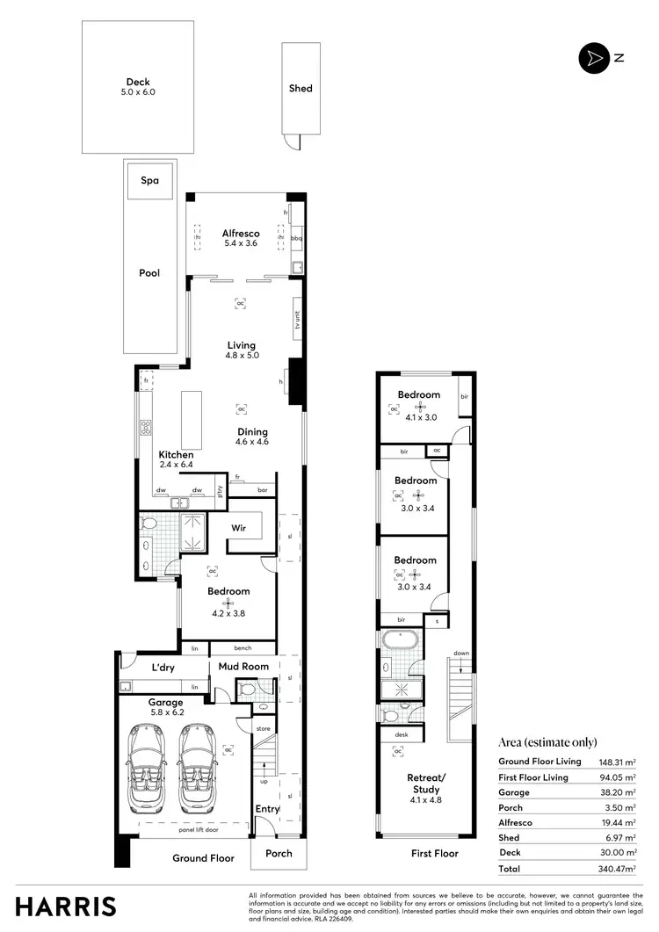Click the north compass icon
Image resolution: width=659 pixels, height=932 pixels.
pos(594,58)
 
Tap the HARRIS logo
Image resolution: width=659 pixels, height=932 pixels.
pos(66,906)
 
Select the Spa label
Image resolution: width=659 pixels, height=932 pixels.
pos(150,180)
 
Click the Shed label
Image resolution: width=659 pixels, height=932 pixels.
pos(301,89)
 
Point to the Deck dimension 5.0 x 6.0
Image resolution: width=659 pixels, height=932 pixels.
pos(138,92)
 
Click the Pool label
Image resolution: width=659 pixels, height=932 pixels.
pos(150,273)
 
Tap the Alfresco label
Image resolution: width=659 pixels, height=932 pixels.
pos(240,234)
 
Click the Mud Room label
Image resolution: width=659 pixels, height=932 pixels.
pos(243,667)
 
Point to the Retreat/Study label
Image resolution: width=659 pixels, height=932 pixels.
pos(427,783)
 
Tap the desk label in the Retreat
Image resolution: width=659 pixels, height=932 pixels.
pos(402,734)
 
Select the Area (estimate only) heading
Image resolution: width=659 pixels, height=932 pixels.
pos(547,741)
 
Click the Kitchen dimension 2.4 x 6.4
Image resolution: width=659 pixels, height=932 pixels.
pos(177,464)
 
